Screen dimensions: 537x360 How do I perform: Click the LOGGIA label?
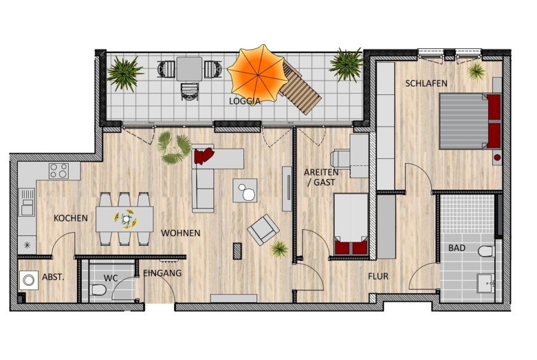(x=245, y=101)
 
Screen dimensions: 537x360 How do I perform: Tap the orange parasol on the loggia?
(x=257, y=75)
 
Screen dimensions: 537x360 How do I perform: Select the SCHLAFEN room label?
(x=427, y=83)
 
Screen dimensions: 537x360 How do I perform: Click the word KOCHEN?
(x=70, y=218)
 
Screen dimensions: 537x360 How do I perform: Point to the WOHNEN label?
(x=180, y=233)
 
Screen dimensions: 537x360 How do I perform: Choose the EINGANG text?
(x=162, y=273)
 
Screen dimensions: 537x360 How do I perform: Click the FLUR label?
(x=378, y=276)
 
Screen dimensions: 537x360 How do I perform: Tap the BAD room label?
(x=457, y=248)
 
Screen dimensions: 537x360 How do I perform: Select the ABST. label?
(x=53, y=277)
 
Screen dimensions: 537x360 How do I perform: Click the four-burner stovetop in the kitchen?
(x=58, y=171)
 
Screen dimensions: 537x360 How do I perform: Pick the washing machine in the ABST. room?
(x=29, y=281)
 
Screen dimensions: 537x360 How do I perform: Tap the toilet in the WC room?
(x=98, y=290)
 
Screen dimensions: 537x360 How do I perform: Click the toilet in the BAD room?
(x=486, y=251)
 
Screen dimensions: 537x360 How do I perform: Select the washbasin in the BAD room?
(x=485, y=283)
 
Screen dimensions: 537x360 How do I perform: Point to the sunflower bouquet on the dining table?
(x=126, y=219)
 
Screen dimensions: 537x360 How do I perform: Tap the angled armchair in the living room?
(x=263, y=229)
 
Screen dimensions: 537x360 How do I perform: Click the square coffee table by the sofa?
(x=245, y=190)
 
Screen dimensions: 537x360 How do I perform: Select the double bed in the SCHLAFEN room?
(x=470, y=121)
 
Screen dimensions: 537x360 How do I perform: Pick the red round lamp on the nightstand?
(x=497, y=158)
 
